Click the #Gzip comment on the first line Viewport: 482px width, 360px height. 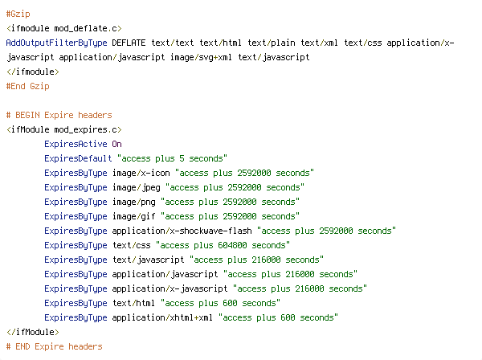click(x=18, y=14)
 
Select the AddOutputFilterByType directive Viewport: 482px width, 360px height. click(x=56, y=43)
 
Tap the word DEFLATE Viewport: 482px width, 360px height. click(x=129, y=43)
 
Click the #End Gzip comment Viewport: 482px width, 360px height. click(x=27, y=86)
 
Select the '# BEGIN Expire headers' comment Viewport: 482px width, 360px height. click(x=59, y=115)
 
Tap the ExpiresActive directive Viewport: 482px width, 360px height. click(x=76, y=144)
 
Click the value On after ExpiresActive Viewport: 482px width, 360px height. click(x=116, y=144)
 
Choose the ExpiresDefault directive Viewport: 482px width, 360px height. click(x=78, y=158)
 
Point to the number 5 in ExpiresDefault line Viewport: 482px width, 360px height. click(x=182, y=158)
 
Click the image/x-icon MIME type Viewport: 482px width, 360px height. click(x=141, y=173)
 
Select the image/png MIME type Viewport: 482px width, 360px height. click(x=133, y=202)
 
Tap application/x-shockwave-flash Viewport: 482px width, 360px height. click(x=182, y=231)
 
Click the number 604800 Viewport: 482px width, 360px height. click(x=232, y=245)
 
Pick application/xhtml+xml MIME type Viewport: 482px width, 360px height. click(x=162, y=317)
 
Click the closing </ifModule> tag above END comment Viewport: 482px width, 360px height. click(x=33, y=332)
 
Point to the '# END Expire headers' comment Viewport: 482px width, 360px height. click(x=54, y=346)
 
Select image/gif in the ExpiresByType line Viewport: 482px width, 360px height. click(x=133, y=216)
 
